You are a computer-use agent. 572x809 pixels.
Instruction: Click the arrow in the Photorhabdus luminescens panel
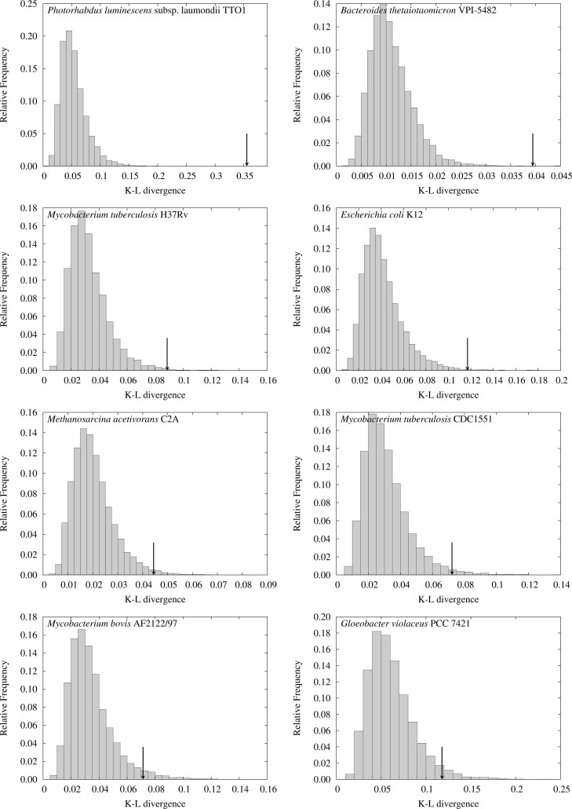coord(247,149)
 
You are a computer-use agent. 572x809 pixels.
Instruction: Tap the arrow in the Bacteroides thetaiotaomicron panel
coord(533,149)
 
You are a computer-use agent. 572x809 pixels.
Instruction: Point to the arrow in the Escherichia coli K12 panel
coord(468,354)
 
